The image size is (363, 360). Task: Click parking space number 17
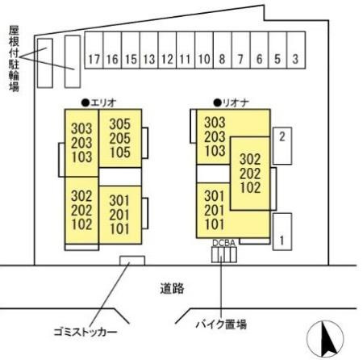[x=94, y=50]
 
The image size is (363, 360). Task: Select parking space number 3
[x=296, y=50]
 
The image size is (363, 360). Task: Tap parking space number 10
[x=204, y=50]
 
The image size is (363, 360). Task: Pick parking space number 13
[x=149, y=50]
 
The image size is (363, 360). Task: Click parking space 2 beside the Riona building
[x=282, y=145]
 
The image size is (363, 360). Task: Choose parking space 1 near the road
[x=282, y=232]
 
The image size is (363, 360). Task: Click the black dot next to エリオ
[x=86, y=103]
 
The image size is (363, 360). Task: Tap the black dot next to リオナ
[x=217, y=103]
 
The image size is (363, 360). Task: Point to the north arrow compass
[x=325, y=337]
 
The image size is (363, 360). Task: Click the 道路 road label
[x=172, y=289]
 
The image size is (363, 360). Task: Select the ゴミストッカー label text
[x=86, y=332]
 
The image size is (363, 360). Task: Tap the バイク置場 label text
[x=221, y=324]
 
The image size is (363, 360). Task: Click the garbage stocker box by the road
[x=132, y=261]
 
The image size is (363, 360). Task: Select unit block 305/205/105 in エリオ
[x=120, y=138]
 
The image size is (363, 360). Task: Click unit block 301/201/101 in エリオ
[x=120, y=215]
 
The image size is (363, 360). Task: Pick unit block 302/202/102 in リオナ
[x=250, y=174]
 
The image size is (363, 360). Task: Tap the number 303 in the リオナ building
[x=215, y=123]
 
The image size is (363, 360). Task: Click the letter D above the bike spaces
[x=215, y=243]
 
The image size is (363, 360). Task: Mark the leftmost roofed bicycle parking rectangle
[x=45, y=63]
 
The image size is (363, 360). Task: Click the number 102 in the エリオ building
[x=81, y=224]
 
